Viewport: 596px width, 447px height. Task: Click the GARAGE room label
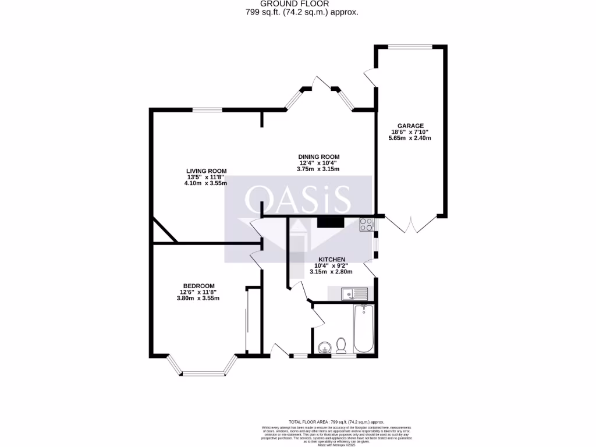pyautogui.click(x=410, y=126)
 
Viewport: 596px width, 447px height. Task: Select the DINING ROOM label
pyautogui.click(x=318, y=157)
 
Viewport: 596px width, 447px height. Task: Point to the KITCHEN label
pyautogui.click(x=332, y=259)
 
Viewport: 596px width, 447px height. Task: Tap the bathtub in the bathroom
pyautogui.click(x=364, y=328)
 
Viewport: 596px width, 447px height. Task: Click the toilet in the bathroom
pyautogui.click(x=342, y=346)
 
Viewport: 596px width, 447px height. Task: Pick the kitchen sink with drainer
pyautogui.click(x=354, y=294)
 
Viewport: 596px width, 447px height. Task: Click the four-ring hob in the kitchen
pyautogui.click(x=367, y=224)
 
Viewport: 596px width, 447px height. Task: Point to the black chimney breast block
pyautogui.click(x=331, y=221)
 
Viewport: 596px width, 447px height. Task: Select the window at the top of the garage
pyautogui.click(x=410, y=47)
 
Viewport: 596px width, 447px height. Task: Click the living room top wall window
pyautogui.click(x=207, y=109)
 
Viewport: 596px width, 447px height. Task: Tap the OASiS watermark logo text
pyautogui.click(x=298, y=199)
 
